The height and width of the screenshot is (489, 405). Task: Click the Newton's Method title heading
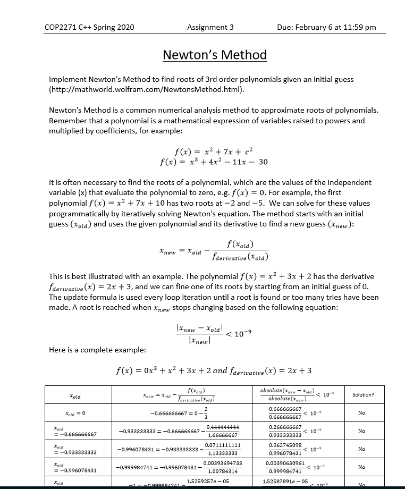(214, 55)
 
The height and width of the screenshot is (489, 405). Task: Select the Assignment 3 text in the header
(210, 27)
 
